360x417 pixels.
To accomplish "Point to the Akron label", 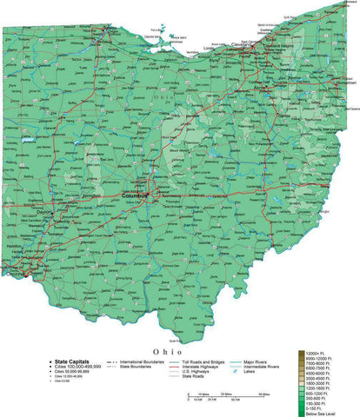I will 260,88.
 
